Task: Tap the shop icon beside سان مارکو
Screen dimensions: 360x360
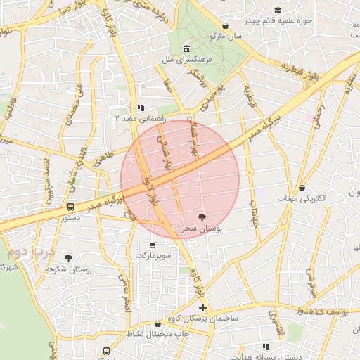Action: pos(224,25)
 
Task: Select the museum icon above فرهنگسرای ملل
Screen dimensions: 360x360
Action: pos(186,49)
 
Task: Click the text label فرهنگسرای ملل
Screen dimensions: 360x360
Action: pos(185,60)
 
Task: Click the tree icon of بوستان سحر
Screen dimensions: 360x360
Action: pos(202,217)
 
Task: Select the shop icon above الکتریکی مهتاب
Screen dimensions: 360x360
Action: pos(302,188)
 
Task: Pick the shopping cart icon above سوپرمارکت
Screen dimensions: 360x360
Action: pos(153,245)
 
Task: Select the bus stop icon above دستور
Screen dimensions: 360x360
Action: pos(70,207)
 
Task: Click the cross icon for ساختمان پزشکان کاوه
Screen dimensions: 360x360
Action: pos(203,307)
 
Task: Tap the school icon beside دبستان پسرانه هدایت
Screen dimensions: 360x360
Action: pos(266,347)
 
